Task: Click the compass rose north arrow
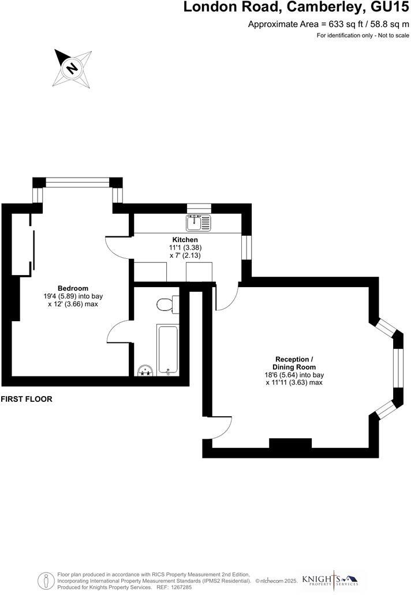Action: click(73, 67)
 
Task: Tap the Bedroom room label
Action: click(73, 288)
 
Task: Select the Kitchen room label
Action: click(185, 240)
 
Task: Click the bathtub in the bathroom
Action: click(168, 349)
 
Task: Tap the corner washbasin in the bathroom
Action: click(144, 370)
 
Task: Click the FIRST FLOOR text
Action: click(27, 399)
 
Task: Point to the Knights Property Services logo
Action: click(330, 579)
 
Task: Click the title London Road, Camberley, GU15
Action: click(296, 7)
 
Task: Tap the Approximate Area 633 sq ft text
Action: click(328, 24)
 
